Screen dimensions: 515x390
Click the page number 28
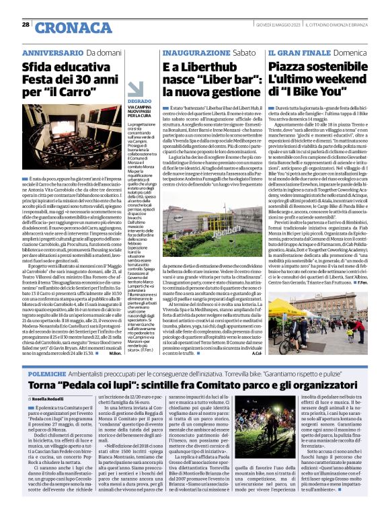[x=26, y=25]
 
